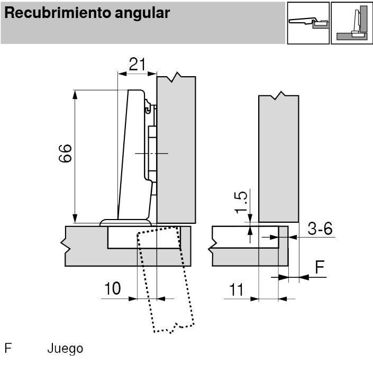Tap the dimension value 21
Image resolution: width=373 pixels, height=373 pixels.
click(x=137, y=65)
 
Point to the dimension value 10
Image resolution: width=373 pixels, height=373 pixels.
click(x=112, y=289)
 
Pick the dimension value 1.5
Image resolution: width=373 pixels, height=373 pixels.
click(x=241, y=202)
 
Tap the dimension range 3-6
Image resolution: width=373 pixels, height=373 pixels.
click(x=320, y=229)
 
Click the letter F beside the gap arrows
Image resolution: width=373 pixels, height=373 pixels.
click(x=320, y=268)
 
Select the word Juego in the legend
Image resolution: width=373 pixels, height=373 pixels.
click(x=65, y=349)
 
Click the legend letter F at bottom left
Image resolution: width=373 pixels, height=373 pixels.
click(x=8, y=349)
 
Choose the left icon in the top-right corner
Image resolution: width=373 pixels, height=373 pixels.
click(x=308, y=23)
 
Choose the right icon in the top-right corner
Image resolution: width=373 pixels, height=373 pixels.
click(x=352, y=23)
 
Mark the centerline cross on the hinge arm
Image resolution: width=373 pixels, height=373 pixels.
click(x=151, y=153)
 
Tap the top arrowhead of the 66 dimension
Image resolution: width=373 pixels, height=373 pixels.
click(x=75, y=94)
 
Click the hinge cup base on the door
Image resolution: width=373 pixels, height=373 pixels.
click(x=126, y=222)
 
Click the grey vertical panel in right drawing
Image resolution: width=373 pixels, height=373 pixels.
click(x=279, y=159)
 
